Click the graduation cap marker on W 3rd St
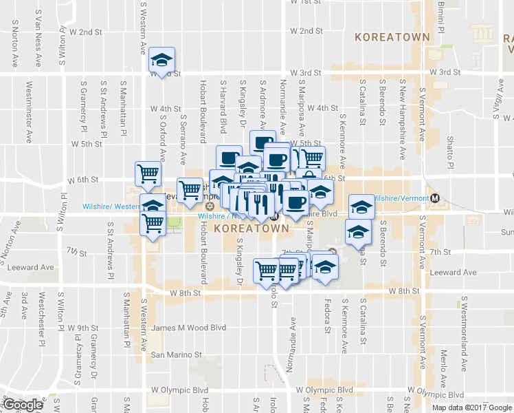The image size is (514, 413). coord(162,61)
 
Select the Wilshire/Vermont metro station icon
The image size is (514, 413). coord(434,198)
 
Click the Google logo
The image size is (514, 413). coord(22,405)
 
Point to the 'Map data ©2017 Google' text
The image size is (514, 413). coord(471,407)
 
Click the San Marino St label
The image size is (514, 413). coord(177,355)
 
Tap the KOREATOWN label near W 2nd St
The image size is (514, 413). coord(392,36)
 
